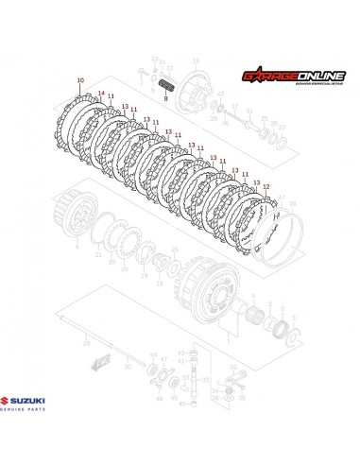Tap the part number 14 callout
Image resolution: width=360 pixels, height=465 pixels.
100,93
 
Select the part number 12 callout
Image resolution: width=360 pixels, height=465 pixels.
266,186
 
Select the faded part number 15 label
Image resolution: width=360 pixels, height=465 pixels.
281,202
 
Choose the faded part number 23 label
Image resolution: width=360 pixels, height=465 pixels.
154,59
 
